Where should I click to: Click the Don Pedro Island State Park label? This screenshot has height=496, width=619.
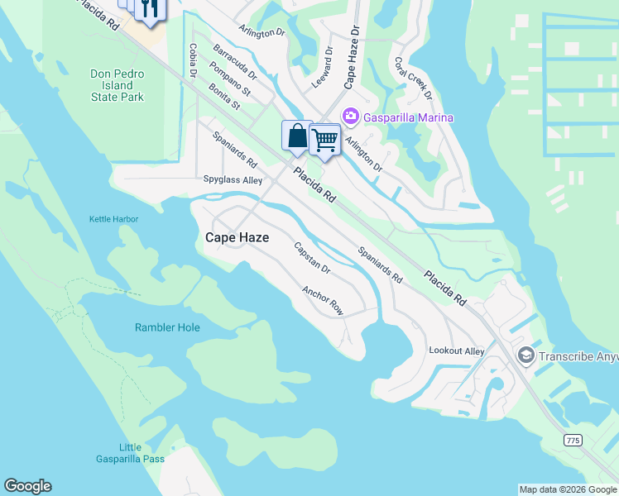click(117, 85)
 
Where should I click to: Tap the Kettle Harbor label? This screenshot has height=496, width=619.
click(114, 219)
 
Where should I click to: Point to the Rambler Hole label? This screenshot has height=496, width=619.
click(167, 327)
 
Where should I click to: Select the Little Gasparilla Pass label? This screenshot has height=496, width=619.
click(142, 453)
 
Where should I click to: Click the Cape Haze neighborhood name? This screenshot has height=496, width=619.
click(237, 237)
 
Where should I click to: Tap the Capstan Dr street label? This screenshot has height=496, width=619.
click(313, 258)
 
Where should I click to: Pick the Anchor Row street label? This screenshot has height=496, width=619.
click(323, 301)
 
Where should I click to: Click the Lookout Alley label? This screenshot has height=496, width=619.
click(457, 351)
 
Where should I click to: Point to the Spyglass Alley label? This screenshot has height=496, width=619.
click(233, 179)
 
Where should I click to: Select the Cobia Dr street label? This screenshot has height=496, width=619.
click(192, 61)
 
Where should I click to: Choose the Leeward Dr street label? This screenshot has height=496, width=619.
click(322, 68)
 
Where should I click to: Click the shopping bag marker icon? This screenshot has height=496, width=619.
click(297, 136)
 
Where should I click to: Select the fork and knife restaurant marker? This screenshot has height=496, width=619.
click(150, 8)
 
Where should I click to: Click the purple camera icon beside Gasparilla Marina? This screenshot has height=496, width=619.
click(350, 117)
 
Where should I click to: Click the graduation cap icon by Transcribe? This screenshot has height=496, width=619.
click(525, 355)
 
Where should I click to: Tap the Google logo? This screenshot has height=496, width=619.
click(27, 486)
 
